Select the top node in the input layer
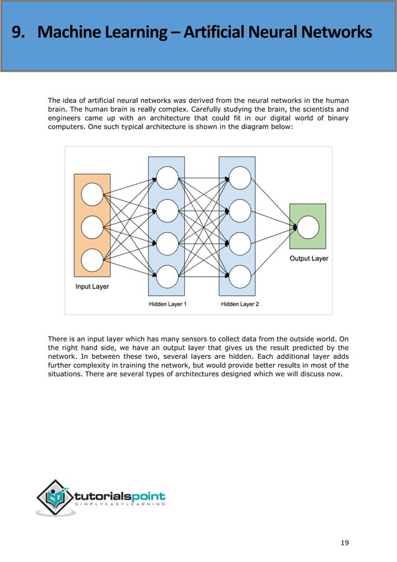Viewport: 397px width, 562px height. tap(92, 194)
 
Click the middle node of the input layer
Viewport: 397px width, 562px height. tap(92, 227)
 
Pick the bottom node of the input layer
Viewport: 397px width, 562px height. tap(92, 260)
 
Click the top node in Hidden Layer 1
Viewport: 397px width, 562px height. tap(167, 178)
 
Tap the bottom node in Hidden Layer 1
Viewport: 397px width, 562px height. tap(167, 275)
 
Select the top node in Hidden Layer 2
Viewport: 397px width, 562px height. tap(240, 178)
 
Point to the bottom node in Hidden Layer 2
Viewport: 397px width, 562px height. tap(240, 275)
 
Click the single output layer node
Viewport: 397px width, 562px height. tap(308, 227)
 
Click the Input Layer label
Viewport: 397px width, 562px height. tap(92, 287)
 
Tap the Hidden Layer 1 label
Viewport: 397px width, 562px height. tap(167, 304)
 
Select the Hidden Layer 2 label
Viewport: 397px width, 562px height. tap(240, 304)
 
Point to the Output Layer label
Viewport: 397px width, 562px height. tap(309, 258)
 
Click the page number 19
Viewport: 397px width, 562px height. tap(345, 543)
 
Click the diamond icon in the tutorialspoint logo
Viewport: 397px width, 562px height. tap(55, 497)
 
